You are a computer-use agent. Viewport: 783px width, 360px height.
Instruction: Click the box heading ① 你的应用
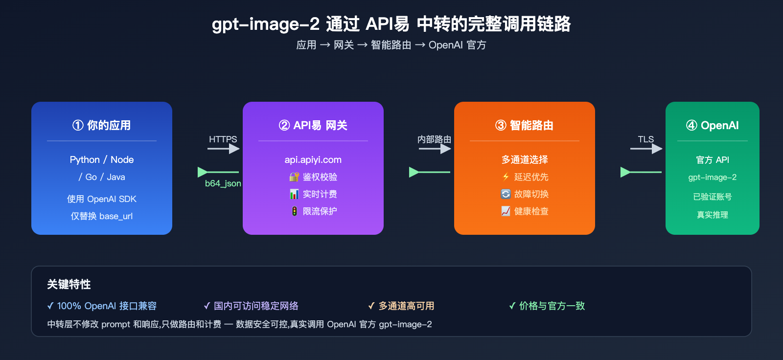coord(102,125)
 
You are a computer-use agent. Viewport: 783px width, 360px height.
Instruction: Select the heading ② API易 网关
coord(313,125)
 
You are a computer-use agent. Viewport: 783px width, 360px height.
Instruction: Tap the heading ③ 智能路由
coord(524,125)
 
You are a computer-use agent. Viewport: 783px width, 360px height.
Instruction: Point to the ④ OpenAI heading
coord(712,125)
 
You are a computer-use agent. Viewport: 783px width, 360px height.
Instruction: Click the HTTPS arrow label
coord(223,139)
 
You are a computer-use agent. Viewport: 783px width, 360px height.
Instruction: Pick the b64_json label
coord(223,183)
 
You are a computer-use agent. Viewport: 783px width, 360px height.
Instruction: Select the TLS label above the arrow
coord(645,139)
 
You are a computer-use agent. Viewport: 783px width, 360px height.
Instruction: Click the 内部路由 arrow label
coord(434,139)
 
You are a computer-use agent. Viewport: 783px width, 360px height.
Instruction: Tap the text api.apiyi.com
coord(313,160)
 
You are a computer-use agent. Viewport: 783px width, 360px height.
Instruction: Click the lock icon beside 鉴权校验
coord(294,177)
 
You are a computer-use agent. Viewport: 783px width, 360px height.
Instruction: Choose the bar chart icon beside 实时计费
coord(294,194)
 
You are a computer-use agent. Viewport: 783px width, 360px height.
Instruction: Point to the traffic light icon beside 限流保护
coord(294,211)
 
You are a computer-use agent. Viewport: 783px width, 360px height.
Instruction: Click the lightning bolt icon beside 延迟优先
coord(506,177)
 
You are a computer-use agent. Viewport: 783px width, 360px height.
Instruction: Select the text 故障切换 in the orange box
coord(531,194)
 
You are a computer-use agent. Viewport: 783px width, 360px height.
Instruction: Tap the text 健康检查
coord(531,211)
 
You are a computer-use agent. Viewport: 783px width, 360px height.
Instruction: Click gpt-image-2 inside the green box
coord(712,178)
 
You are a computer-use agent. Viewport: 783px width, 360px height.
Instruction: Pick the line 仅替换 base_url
coord(102,216)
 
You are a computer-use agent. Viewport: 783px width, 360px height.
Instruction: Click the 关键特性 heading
coord(69,285)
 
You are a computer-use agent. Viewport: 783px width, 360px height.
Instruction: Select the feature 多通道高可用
coord(406,306)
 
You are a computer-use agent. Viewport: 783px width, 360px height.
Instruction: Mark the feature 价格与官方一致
coord(552,306)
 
